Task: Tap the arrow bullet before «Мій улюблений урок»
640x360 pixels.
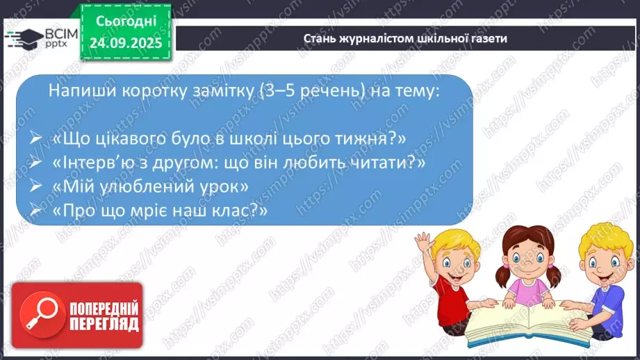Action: point(37,188)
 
